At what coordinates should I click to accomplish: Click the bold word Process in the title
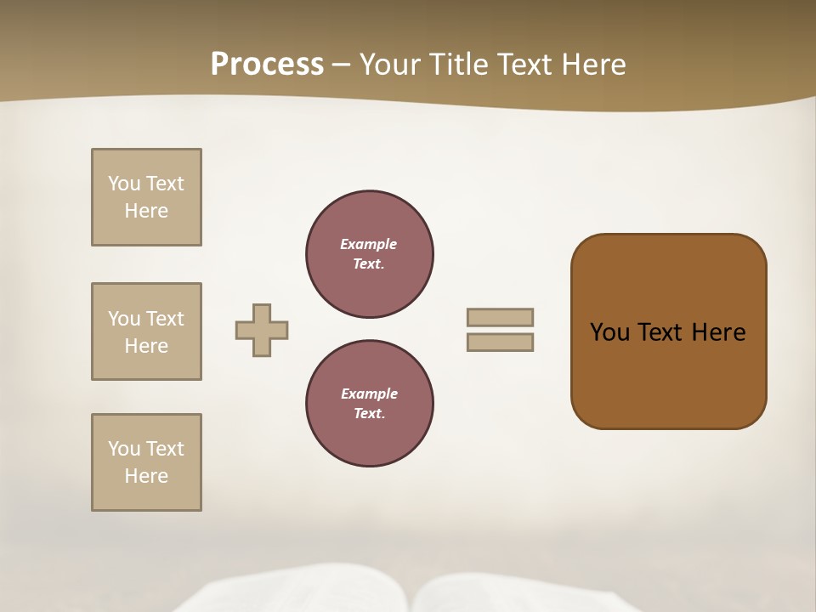point(267,65)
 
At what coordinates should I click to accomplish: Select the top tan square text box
point(146,197)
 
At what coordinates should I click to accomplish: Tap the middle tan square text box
point(146,331)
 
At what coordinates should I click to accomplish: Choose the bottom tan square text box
point(146,462)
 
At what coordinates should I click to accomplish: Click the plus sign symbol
point(262,331)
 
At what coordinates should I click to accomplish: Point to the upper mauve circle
point(369,254)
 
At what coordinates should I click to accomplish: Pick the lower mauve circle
point(369,404)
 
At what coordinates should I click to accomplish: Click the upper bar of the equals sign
point(500,318)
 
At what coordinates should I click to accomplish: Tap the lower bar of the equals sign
point(500,343)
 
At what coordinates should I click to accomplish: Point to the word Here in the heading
point(593,65)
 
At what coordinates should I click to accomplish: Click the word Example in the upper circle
point(369,245)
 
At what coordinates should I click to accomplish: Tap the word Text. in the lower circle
point(369,414)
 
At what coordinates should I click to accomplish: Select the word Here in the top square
point(146,211)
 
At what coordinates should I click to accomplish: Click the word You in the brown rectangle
point(609,332)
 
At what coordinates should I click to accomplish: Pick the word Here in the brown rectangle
point(718,332)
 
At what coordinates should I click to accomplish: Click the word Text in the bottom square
point(165,449)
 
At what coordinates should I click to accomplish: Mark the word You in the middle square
point(124,319)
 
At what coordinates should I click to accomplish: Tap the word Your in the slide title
point(391,65)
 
